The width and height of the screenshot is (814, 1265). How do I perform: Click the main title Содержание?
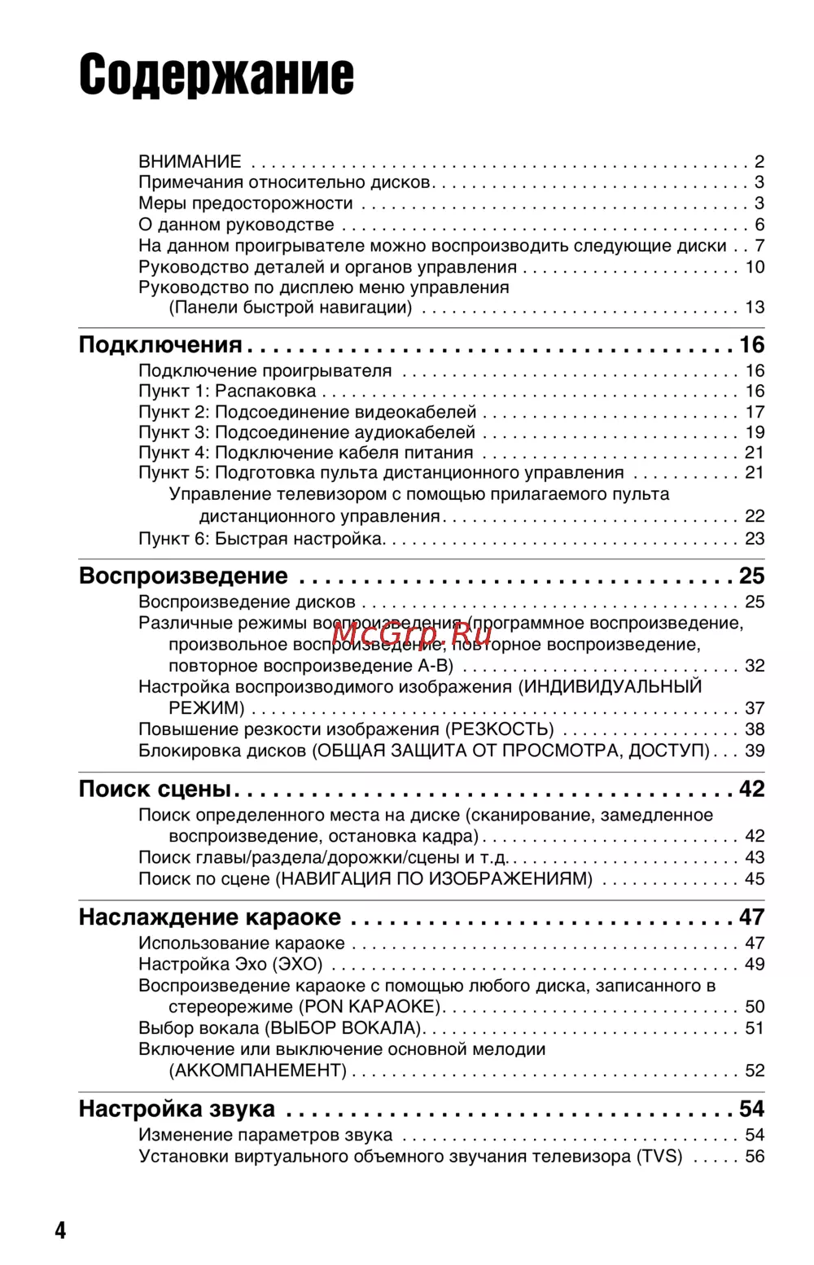tap(217, 75)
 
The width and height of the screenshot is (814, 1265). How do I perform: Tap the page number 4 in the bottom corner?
tap(60, 1229)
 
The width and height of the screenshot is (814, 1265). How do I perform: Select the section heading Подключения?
tap(160, 345)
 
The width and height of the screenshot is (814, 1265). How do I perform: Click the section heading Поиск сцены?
tap(155, 789)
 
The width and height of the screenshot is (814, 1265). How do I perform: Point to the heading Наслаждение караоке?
tap(209, 917)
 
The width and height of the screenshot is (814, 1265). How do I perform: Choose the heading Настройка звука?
tap(177, 1110)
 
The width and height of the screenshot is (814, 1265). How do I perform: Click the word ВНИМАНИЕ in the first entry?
tap(190, 161)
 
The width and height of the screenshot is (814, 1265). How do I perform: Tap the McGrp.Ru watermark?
tap(411, 631)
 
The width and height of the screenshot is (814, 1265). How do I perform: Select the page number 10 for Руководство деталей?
tap(755, 267)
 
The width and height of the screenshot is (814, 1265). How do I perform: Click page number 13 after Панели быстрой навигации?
tap(755, 308)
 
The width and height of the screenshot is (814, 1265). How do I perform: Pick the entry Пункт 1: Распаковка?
tap(227, 392)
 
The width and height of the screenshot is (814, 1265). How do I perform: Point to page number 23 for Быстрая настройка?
tap(755, 539)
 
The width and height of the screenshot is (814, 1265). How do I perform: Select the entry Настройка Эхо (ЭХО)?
tap(230, 965)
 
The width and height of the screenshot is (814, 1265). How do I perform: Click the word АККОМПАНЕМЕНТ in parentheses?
tap(258, 1070)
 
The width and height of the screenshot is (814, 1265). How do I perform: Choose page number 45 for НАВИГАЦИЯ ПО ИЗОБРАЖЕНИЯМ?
tap(755, 879)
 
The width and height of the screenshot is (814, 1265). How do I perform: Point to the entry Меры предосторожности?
tap(246, 204)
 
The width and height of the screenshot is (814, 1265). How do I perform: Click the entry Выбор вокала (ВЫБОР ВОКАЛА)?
tap(280, 1028)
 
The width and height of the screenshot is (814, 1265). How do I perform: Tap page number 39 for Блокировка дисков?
tap(755, 751)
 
